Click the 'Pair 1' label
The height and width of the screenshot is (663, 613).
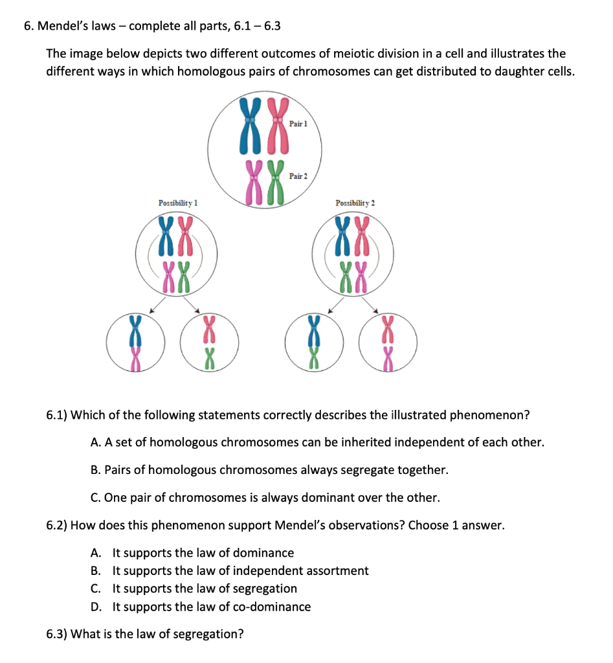[x=297, y=123]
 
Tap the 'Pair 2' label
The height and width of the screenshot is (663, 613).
[x=298, y=176]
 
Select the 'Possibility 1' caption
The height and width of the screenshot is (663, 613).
[x=177, y=203]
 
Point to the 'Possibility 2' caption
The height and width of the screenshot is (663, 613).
[x=355, y=203]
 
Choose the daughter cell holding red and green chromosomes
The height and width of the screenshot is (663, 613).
[x=209, y=342]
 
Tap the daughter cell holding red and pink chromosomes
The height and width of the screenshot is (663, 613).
[x=388, y=342]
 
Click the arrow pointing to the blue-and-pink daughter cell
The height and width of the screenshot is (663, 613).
[x=155, y=309]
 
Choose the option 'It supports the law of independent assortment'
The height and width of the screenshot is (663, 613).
[x=240, y=570]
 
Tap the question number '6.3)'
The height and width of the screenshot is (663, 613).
[x=56, y=634]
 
